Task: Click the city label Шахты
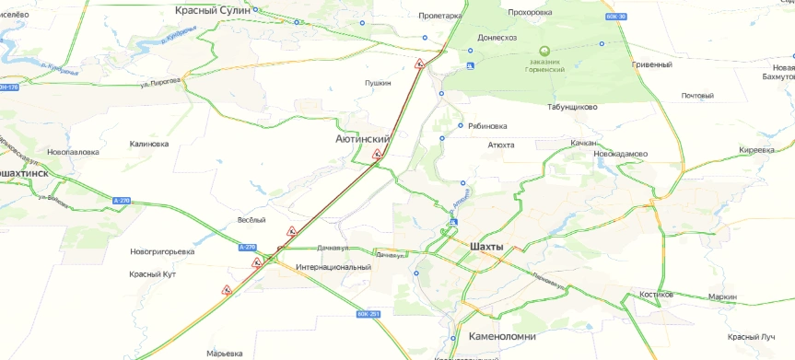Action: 487,248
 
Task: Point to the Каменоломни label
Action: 501,336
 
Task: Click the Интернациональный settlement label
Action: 333,267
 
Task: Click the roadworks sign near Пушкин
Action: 418,64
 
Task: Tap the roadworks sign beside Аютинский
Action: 378,155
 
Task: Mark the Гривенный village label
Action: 651,65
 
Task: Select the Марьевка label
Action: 225,354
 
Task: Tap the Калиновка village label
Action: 149,145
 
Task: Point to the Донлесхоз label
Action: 497,38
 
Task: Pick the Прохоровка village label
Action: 529,13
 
